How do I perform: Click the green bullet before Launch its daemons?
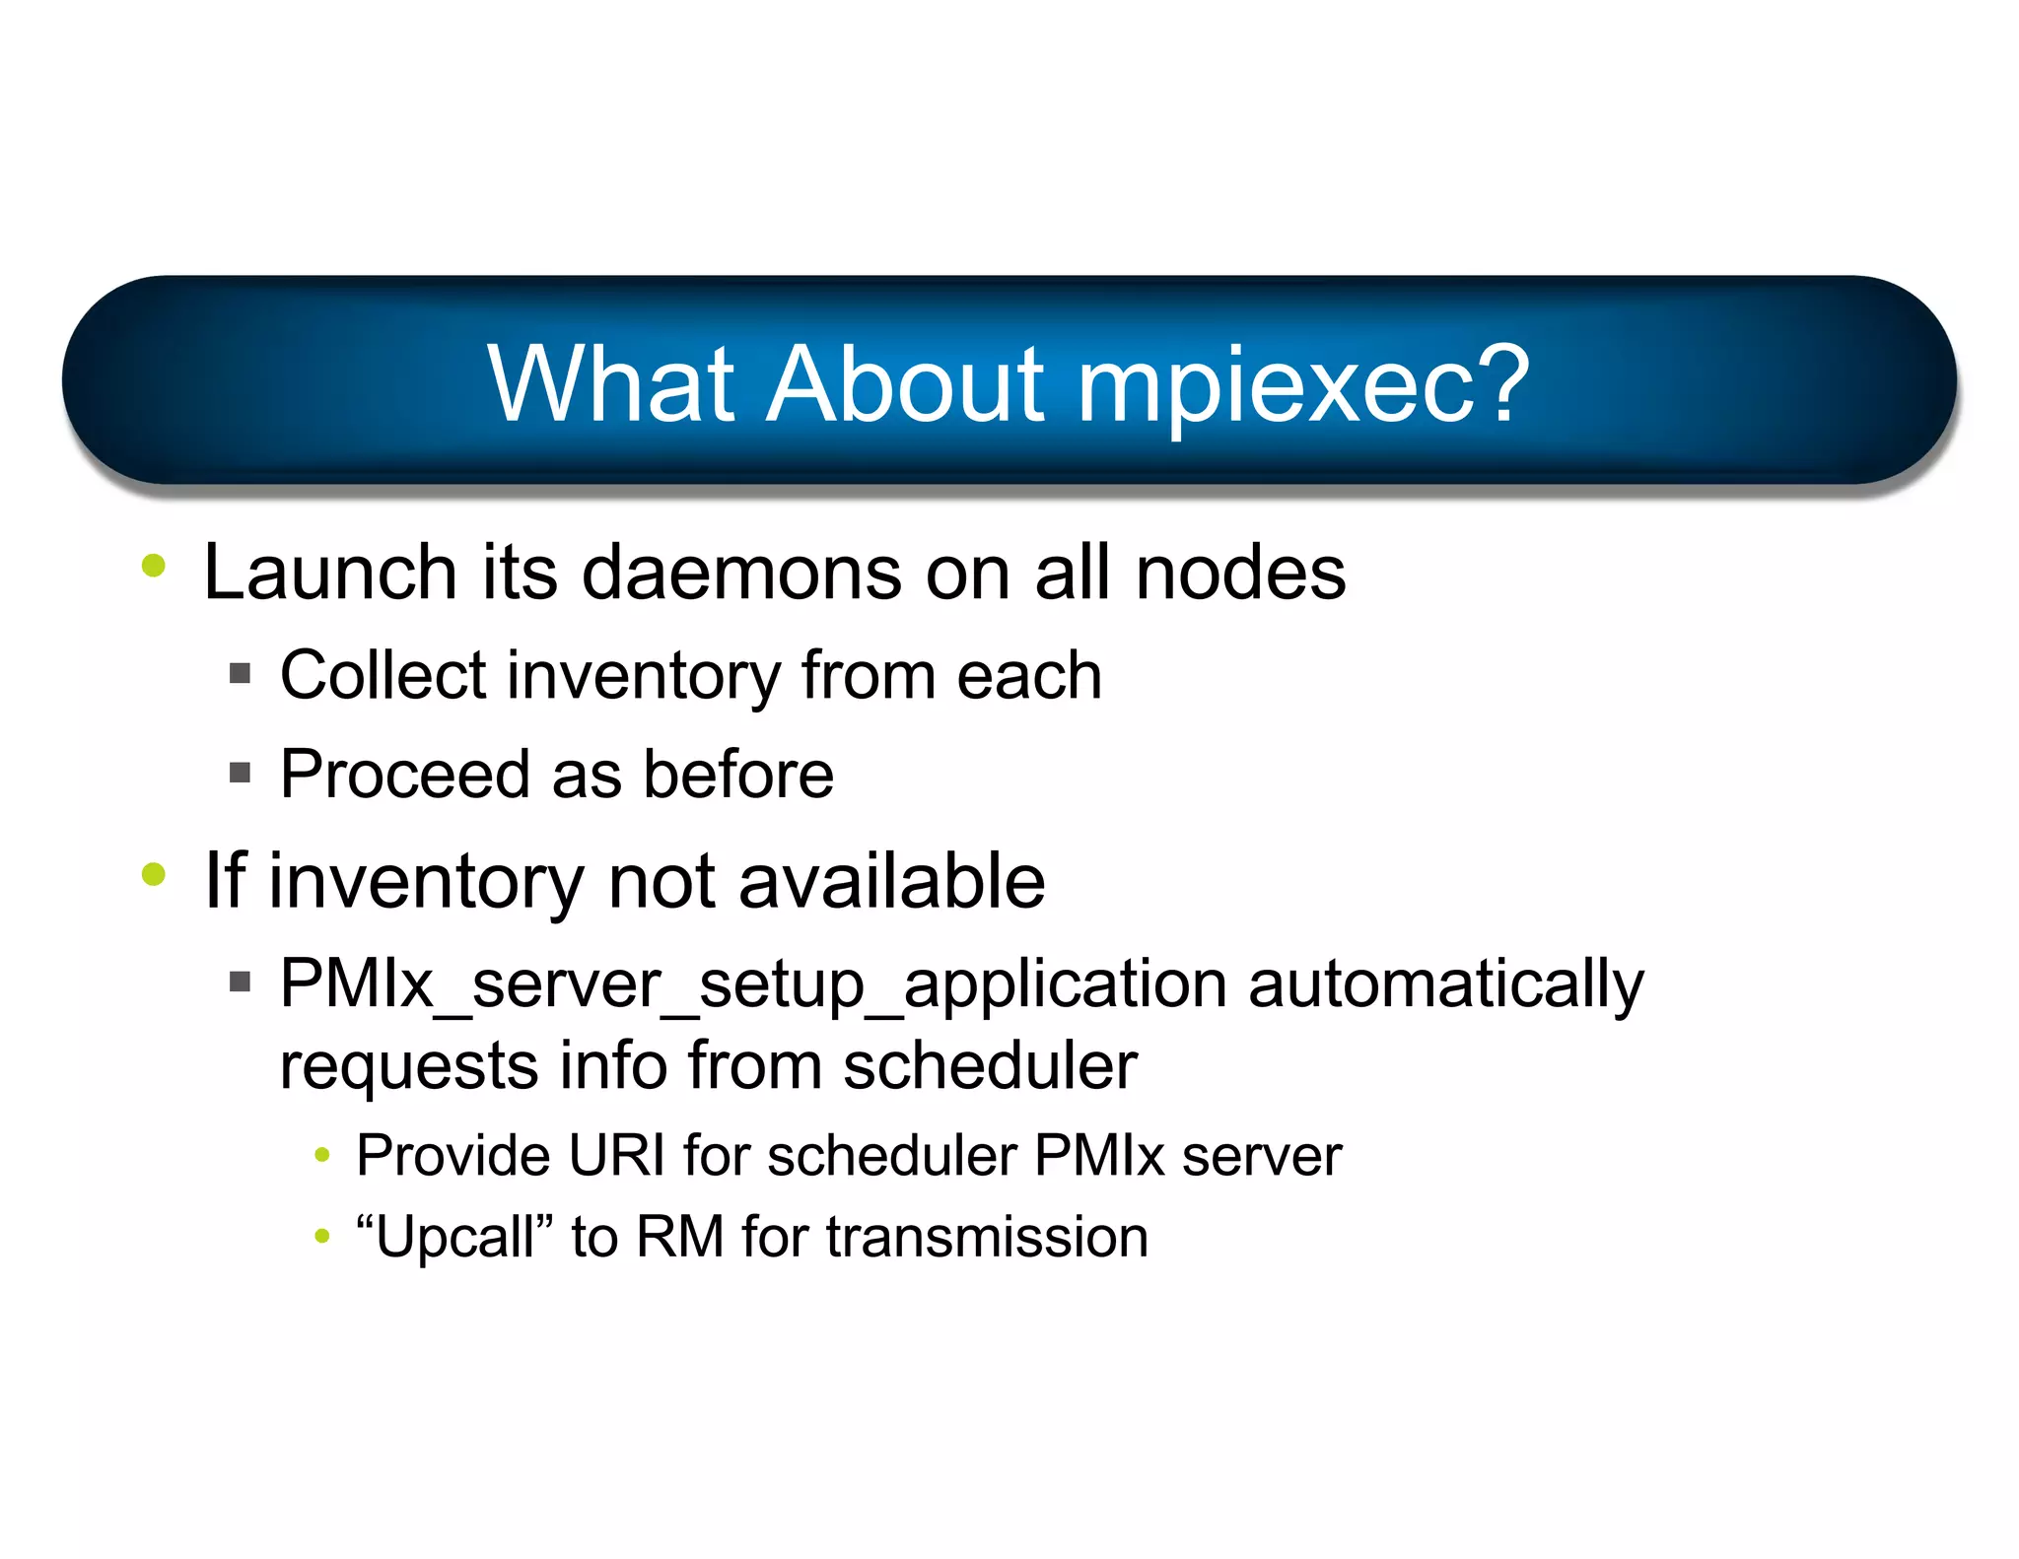point(154,566)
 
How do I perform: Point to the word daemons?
point(741,573)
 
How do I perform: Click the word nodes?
point(1240,573)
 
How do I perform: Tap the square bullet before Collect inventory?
point(240,674)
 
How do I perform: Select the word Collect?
point(383,676)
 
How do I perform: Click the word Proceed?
point(404,775)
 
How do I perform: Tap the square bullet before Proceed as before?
point(240,773)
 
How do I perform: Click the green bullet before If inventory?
point(154,874)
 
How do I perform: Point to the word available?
point(891,881)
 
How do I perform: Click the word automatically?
point(1445,984)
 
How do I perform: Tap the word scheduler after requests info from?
point(990,1066)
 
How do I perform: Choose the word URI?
point(617,1155)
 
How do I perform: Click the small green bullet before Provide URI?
point(321,1155)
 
